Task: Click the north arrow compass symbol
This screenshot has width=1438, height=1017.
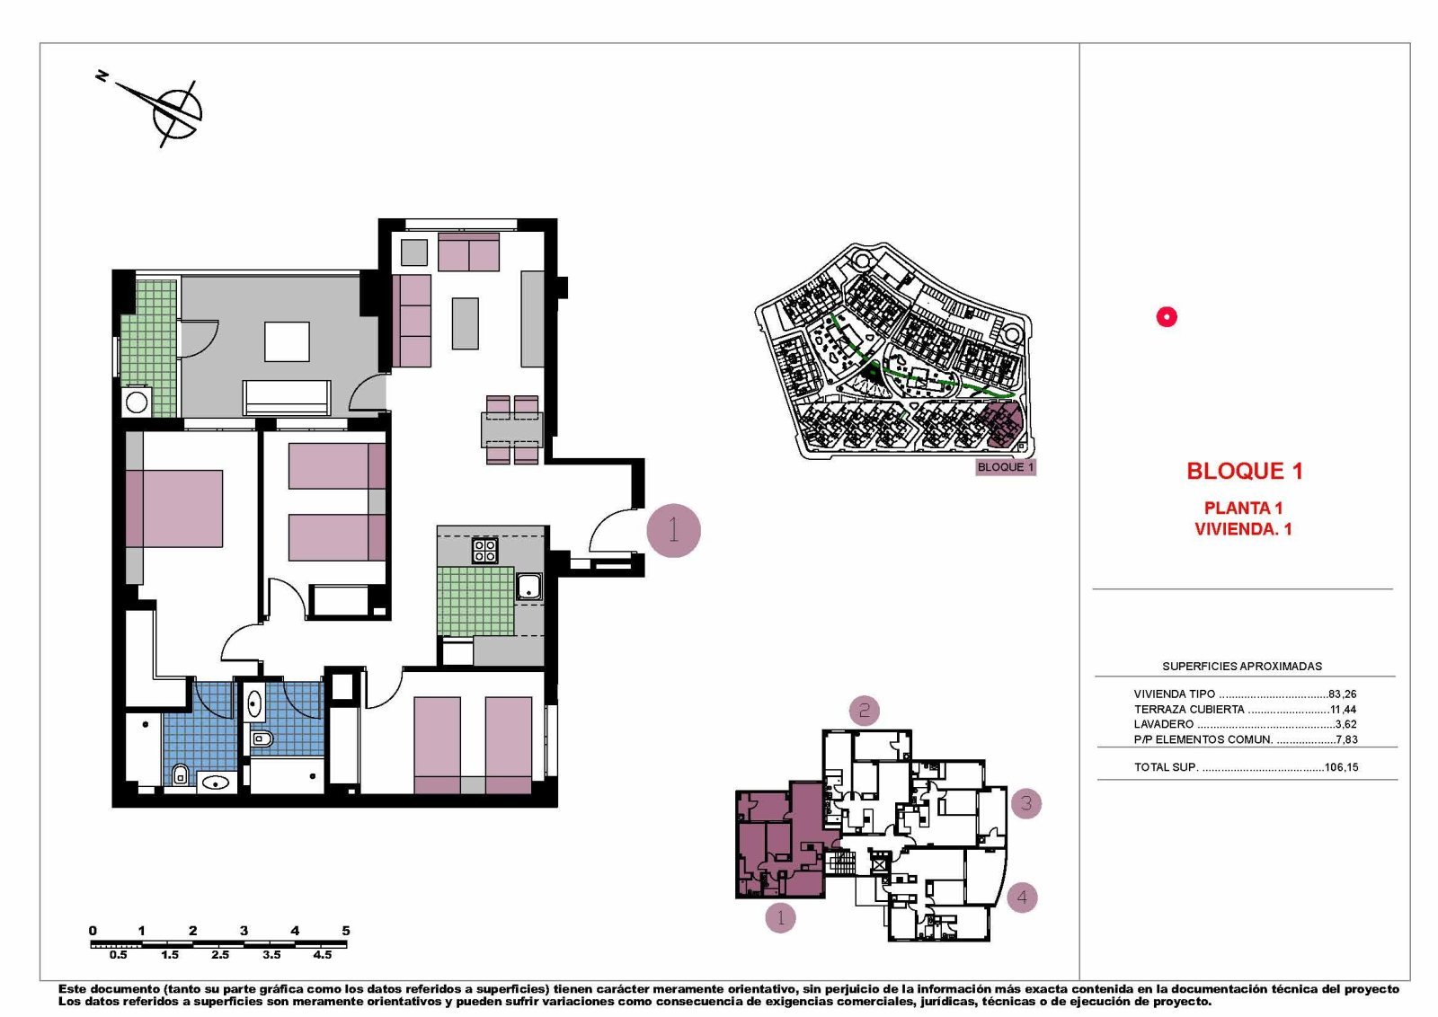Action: (175, 111)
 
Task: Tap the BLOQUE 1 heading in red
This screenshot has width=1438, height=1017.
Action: (1244, 471)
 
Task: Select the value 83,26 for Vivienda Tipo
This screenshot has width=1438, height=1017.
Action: (1342, 694)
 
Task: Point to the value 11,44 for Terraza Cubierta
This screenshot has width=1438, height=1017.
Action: (1343, 709)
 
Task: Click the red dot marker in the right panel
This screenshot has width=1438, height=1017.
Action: (1167, 316)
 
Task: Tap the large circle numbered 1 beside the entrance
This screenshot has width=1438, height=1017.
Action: (673, 530)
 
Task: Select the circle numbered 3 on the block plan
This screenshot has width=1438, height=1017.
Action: (1025, 803)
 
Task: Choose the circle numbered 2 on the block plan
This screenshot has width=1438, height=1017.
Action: (864, 711)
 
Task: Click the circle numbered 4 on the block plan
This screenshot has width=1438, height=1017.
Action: (1022, 897)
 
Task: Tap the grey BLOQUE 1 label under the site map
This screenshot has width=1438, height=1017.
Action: (1005, 467)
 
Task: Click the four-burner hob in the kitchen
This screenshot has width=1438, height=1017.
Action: (485, 550)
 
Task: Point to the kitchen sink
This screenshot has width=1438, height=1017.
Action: (528, 587)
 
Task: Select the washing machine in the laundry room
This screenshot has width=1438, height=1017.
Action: (137, 402)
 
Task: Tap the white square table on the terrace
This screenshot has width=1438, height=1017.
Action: (287, 341)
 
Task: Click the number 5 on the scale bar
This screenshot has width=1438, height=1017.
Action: (346, 931)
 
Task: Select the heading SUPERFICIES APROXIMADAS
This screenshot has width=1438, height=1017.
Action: (1241, 666)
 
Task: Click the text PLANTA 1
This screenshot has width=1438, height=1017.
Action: (1243, 508)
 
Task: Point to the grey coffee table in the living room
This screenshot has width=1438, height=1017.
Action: (465, 323)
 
